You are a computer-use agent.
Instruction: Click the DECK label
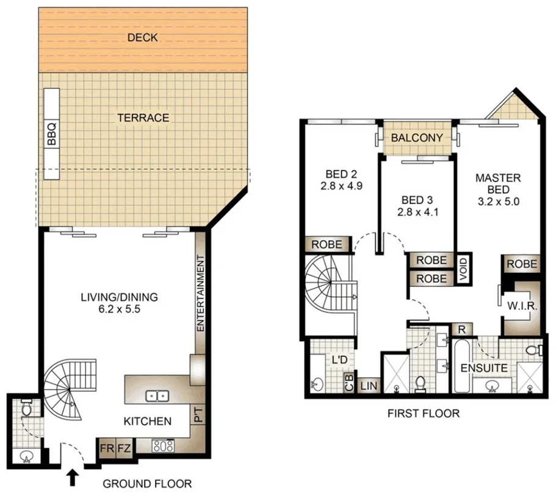coord(143,38)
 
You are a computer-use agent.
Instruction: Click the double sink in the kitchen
coord(157,397)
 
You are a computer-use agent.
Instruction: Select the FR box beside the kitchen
coord(107,450)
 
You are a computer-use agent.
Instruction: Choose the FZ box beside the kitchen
coord(124,450)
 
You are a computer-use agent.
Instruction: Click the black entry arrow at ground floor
coord(72,477)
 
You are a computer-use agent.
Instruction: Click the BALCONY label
coord(417,138)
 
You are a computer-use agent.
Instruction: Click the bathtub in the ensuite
coord(461,367)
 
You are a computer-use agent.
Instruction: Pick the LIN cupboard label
coord(369,385)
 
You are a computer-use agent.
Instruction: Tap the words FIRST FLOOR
coord(424,414)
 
